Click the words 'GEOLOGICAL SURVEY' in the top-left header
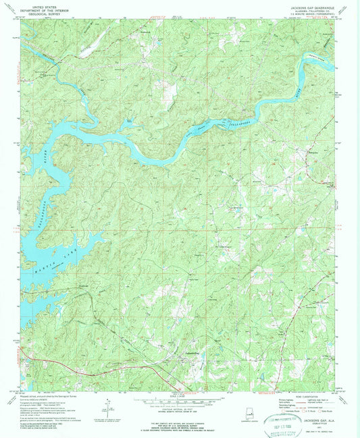coord(38,11)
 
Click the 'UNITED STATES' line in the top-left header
coord(38,4)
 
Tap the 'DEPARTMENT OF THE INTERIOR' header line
coord(38,7)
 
